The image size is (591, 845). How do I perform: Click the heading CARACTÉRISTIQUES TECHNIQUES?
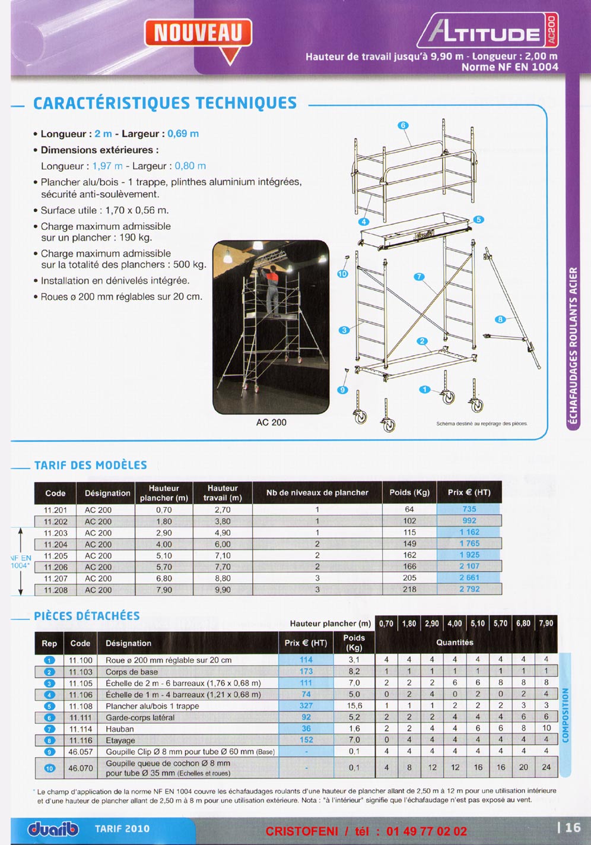point(165,103)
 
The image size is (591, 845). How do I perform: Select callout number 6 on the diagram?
point(403,125)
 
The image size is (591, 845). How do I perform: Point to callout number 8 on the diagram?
point(500,319)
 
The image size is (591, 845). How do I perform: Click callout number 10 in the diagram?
point(342,274)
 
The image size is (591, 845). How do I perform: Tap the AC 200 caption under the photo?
point(271,422)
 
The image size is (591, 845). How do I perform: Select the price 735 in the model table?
point(469,509)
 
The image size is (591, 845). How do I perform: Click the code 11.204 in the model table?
point(56,544)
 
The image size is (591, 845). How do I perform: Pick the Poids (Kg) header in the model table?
point(409,492)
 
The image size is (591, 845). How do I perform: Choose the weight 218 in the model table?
point(409,590)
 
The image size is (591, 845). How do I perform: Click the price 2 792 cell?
point(469,590)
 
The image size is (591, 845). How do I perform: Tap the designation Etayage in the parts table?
point(120,740)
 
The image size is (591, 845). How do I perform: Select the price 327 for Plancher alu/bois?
point(306,706)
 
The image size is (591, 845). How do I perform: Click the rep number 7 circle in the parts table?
point(50,729)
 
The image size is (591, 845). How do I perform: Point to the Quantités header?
point(455,643)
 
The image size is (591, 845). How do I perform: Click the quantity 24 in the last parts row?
point(546,767)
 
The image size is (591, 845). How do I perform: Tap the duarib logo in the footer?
point(53,829)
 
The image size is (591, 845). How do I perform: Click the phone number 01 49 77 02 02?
point(427,831)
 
